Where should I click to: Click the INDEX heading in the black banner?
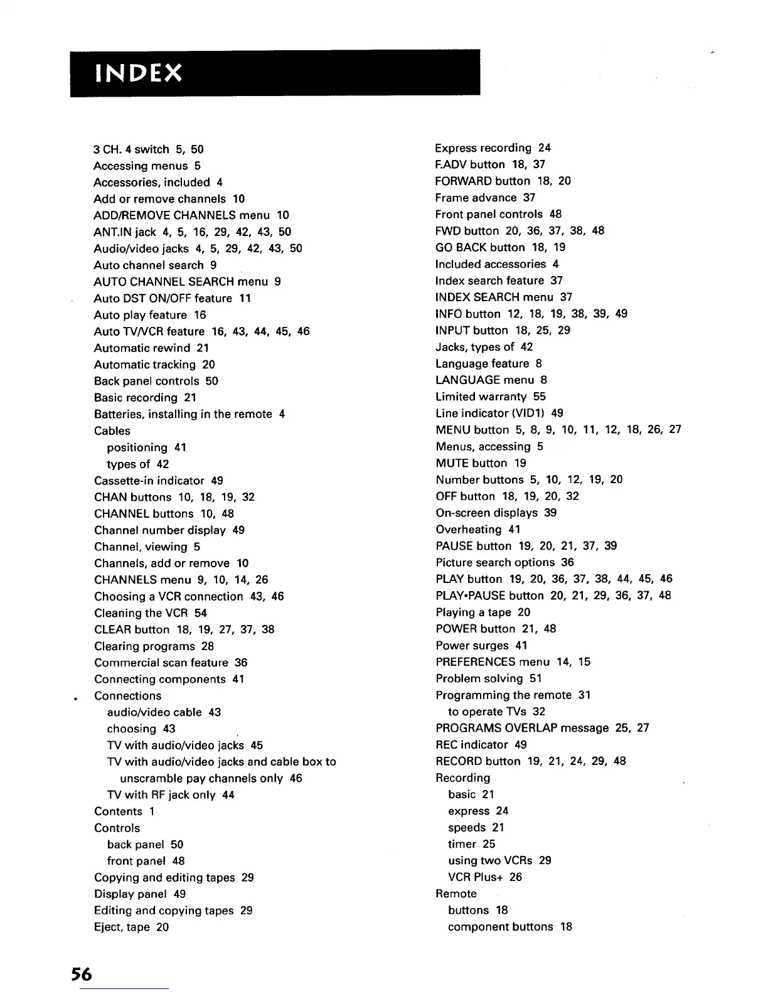138,73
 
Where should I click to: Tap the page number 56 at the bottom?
81,974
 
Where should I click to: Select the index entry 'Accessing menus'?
141,166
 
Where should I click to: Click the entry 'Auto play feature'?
141,315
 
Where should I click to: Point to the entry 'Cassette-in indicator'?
149,481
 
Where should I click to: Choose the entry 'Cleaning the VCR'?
141,613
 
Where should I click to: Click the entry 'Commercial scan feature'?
161,663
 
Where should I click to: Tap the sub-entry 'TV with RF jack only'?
161,795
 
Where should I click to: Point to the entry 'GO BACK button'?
480,247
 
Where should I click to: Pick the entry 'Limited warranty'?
481,397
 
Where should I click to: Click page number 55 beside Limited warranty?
540,397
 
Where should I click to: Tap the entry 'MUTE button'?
471,463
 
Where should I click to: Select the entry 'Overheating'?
469,530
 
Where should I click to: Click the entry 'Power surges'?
472,645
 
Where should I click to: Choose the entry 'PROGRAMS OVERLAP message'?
522,728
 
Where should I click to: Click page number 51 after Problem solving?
535,678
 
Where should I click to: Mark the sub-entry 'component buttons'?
501,927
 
